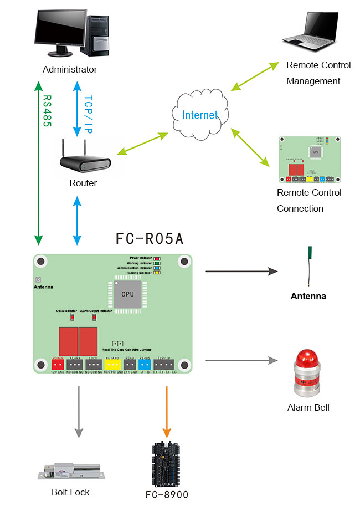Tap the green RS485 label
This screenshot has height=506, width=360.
[x=47, y=111]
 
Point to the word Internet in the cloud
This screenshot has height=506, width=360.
[x=200, y=115]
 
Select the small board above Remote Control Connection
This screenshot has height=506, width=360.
[x=309, y=160]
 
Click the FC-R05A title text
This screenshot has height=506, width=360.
[x=150, y=239]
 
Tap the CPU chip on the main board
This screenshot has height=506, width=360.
[x=127, y=294]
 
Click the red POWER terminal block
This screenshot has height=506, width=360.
[x=58, y=364]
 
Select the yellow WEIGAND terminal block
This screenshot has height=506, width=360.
[x=112, y=364]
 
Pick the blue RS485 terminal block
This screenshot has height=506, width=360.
[x=145, y=364]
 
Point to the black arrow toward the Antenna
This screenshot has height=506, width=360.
[x=241, y=271]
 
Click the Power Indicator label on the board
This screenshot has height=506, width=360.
[x=141, y=258]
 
